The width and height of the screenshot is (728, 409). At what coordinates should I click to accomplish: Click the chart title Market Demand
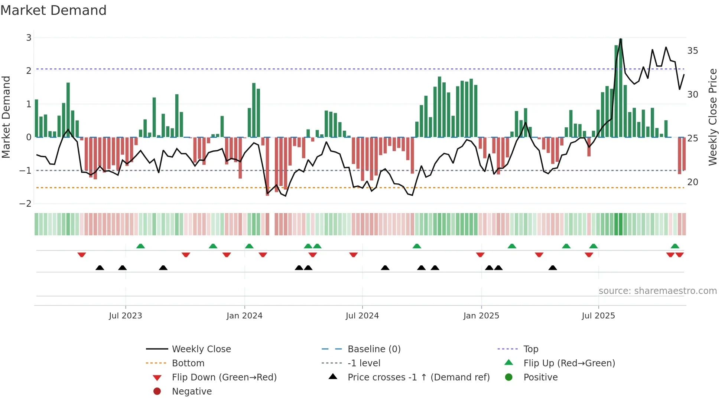(53, 10)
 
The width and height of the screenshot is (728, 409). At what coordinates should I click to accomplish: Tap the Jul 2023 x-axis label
(125, 315)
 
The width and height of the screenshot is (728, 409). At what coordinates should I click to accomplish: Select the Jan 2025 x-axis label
(481, 315)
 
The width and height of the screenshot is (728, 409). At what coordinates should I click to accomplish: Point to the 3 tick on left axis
(29, 37)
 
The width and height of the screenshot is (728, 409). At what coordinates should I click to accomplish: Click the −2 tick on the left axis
(26, 203)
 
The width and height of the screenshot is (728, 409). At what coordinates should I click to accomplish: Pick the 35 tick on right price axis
(692, 50)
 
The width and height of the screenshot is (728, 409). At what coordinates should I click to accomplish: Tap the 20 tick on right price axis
(692, 182)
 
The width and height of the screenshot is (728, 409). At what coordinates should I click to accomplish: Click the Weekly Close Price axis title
(712, 117)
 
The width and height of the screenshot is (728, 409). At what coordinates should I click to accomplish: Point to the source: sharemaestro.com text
(657, 291)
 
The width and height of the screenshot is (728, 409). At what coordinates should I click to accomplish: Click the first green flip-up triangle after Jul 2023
(140, 246)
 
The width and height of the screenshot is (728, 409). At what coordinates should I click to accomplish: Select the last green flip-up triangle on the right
(675, 246)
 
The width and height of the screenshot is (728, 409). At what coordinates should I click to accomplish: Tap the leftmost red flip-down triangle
(82, 255)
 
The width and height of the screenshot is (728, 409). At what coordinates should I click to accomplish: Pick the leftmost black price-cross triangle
(100, 268)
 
